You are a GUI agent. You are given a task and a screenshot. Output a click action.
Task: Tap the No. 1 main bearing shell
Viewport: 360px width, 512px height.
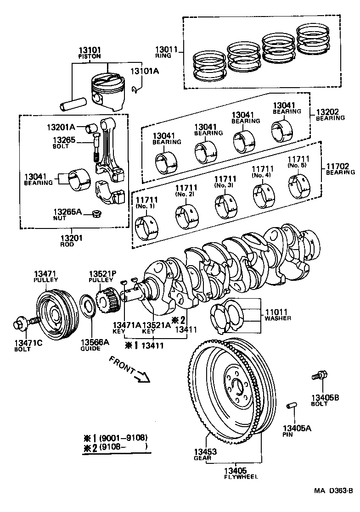[x=147, y=226]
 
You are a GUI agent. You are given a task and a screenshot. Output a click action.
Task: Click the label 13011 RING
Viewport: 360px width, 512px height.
[x=163, y=51]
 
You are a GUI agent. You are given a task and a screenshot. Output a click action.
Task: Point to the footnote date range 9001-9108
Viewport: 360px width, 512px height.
[x=121, y=437]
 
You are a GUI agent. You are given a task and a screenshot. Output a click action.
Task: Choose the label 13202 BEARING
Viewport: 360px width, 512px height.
[x=330, y=114]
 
